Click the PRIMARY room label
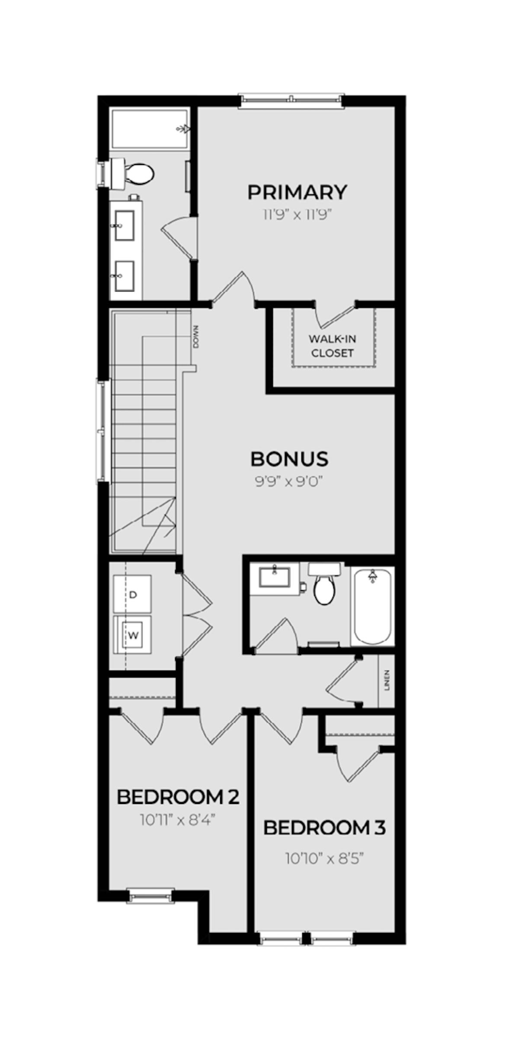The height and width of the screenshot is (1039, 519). click(297, 192)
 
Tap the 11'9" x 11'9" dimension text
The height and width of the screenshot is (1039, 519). click(297, 215)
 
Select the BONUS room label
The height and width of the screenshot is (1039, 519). click(289, 459)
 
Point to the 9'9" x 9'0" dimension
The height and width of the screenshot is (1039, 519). click(289, 482)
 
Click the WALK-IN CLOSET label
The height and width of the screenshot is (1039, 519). click(333, 346)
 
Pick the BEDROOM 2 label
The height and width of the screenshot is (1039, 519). click(178, 797)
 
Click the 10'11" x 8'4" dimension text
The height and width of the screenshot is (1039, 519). click(177, 820)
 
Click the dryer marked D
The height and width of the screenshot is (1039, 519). click(132, 594)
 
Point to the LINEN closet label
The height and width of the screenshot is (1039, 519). click(387, 681)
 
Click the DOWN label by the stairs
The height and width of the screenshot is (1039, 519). click(196, 337)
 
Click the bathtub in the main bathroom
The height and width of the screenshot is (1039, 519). click(373, 607)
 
